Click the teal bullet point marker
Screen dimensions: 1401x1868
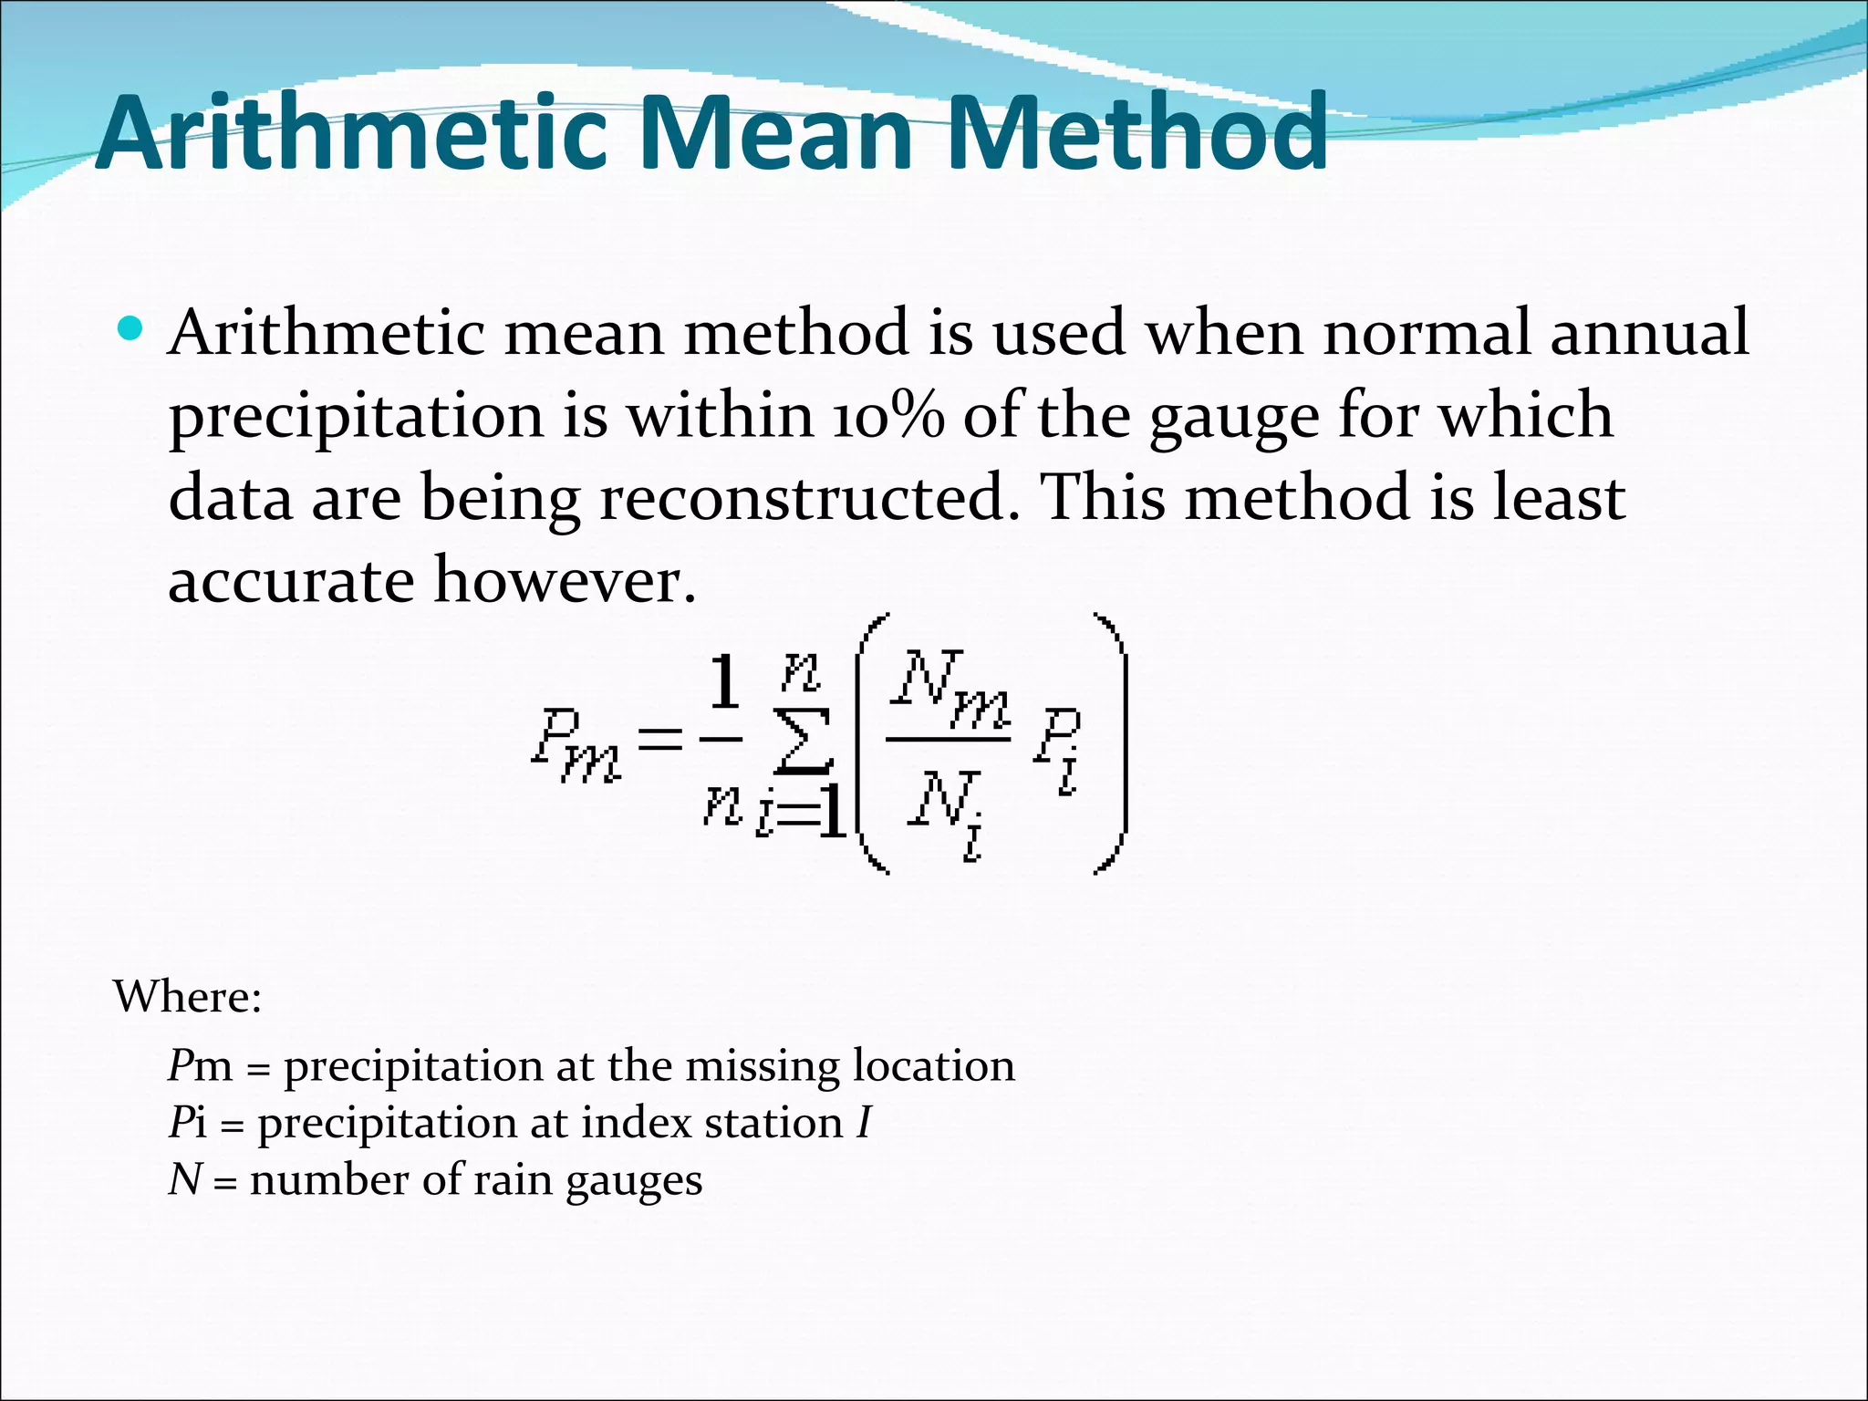click(x=130, y=327)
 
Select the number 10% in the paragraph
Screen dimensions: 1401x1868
click(x=887, y=416)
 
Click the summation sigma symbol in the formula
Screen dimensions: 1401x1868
click(x=803, y=740)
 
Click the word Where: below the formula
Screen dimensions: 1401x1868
click(x=188, y=996)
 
